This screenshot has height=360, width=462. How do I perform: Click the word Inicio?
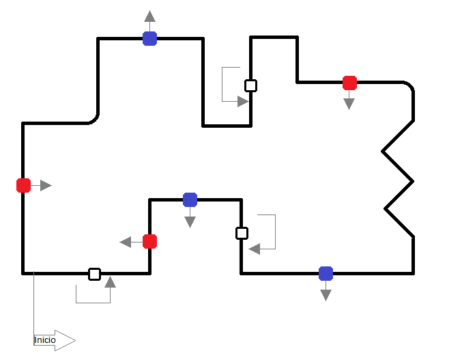(x=45, y=340)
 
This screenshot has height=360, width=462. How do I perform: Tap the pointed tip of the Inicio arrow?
(x=74, y=340)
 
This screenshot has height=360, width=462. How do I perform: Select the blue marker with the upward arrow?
(x=149, y=38)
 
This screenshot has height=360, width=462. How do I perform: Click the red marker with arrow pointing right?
(x=23, y=185)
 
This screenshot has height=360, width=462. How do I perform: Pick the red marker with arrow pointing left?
(x=150, y=241)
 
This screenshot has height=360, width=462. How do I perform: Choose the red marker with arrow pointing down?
(x=349, y=83)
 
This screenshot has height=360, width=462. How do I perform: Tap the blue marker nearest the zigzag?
(x=326, y=273)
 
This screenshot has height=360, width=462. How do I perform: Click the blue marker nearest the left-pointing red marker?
(x=190, y=199)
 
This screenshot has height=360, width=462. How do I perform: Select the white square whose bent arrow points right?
(x=250, y=85)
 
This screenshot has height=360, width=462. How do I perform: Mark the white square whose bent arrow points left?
(x=242, y=233)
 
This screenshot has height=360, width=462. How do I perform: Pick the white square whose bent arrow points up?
(x=95, y=274)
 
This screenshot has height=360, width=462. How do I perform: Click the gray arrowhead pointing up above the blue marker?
(x=149, y=16)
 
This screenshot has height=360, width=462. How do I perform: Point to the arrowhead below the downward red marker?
(x=349, y=104)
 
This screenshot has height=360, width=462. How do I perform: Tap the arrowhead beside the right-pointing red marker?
(x=46, y=185)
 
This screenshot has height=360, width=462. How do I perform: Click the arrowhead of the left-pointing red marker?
(x=126, y=241)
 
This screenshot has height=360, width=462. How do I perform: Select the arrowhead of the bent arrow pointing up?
(x=110, y=281)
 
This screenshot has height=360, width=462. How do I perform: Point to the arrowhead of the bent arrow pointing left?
(x=255, y=249)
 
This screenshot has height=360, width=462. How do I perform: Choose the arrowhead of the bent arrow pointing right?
(x=243, y=101)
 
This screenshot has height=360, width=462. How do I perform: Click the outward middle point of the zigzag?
(x=412, y=181)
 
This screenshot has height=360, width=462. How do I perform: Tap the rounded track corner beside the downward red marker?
(x=409, y=86)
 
